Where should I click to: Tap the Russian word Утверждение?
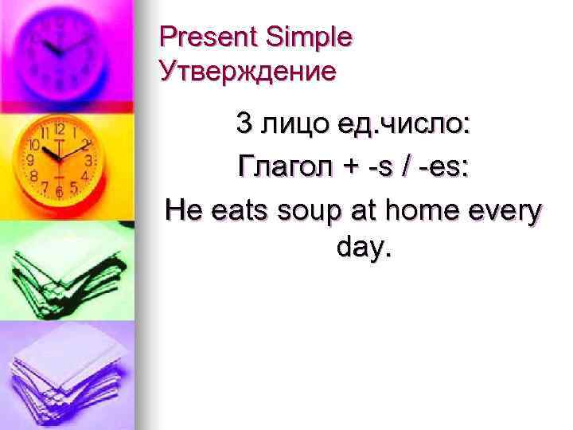click(248, 72)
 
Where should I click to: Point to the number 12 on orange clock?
click(59, 129)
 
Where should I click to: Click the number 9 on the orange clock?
click(31, 160)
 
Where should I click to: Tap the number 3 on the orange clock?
click(89, 160)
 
